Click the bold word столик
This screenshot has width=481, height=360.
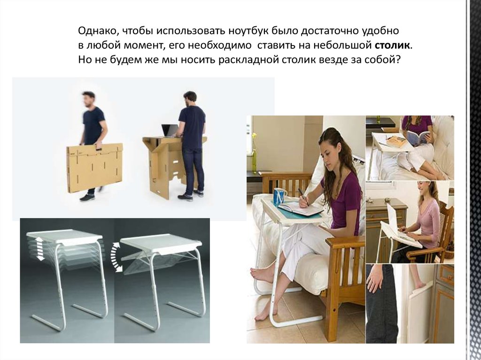click(392, 46)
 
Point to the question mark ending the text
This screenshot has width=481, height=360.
click(398, 59)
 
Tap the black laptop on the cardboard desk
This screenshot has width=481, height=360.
click(169, 130)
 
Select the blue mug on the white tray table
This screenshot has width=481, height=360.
click(280, 197)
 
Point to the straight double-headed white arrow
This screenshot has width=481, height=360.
click(40, 248)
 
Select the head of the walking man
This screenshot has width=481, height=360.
click(89, 99)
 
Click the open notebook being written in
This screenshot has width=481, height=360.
click(300, 208)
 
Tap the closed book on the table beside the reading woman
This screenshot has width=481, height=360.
click(396, 142)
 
